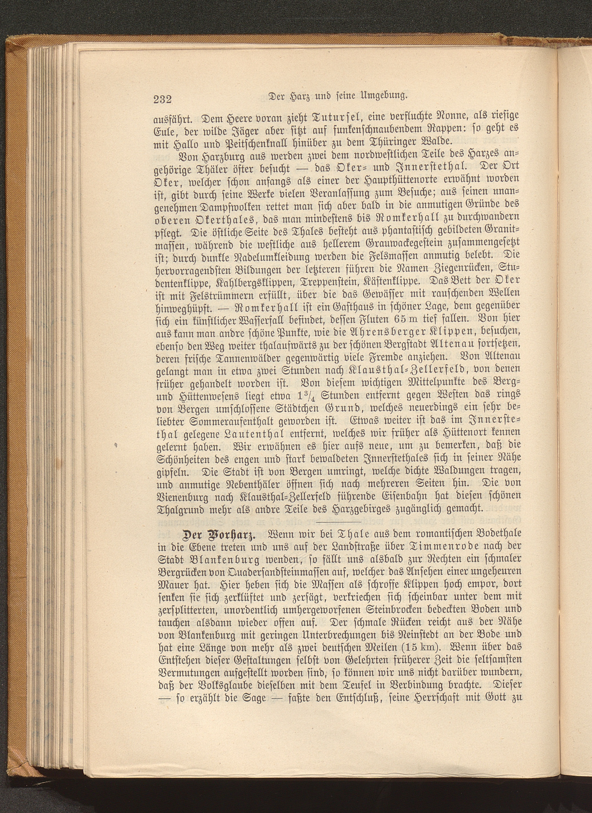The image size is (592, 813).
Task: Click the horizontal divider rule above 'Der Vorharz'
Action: (x=341, y=522)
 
